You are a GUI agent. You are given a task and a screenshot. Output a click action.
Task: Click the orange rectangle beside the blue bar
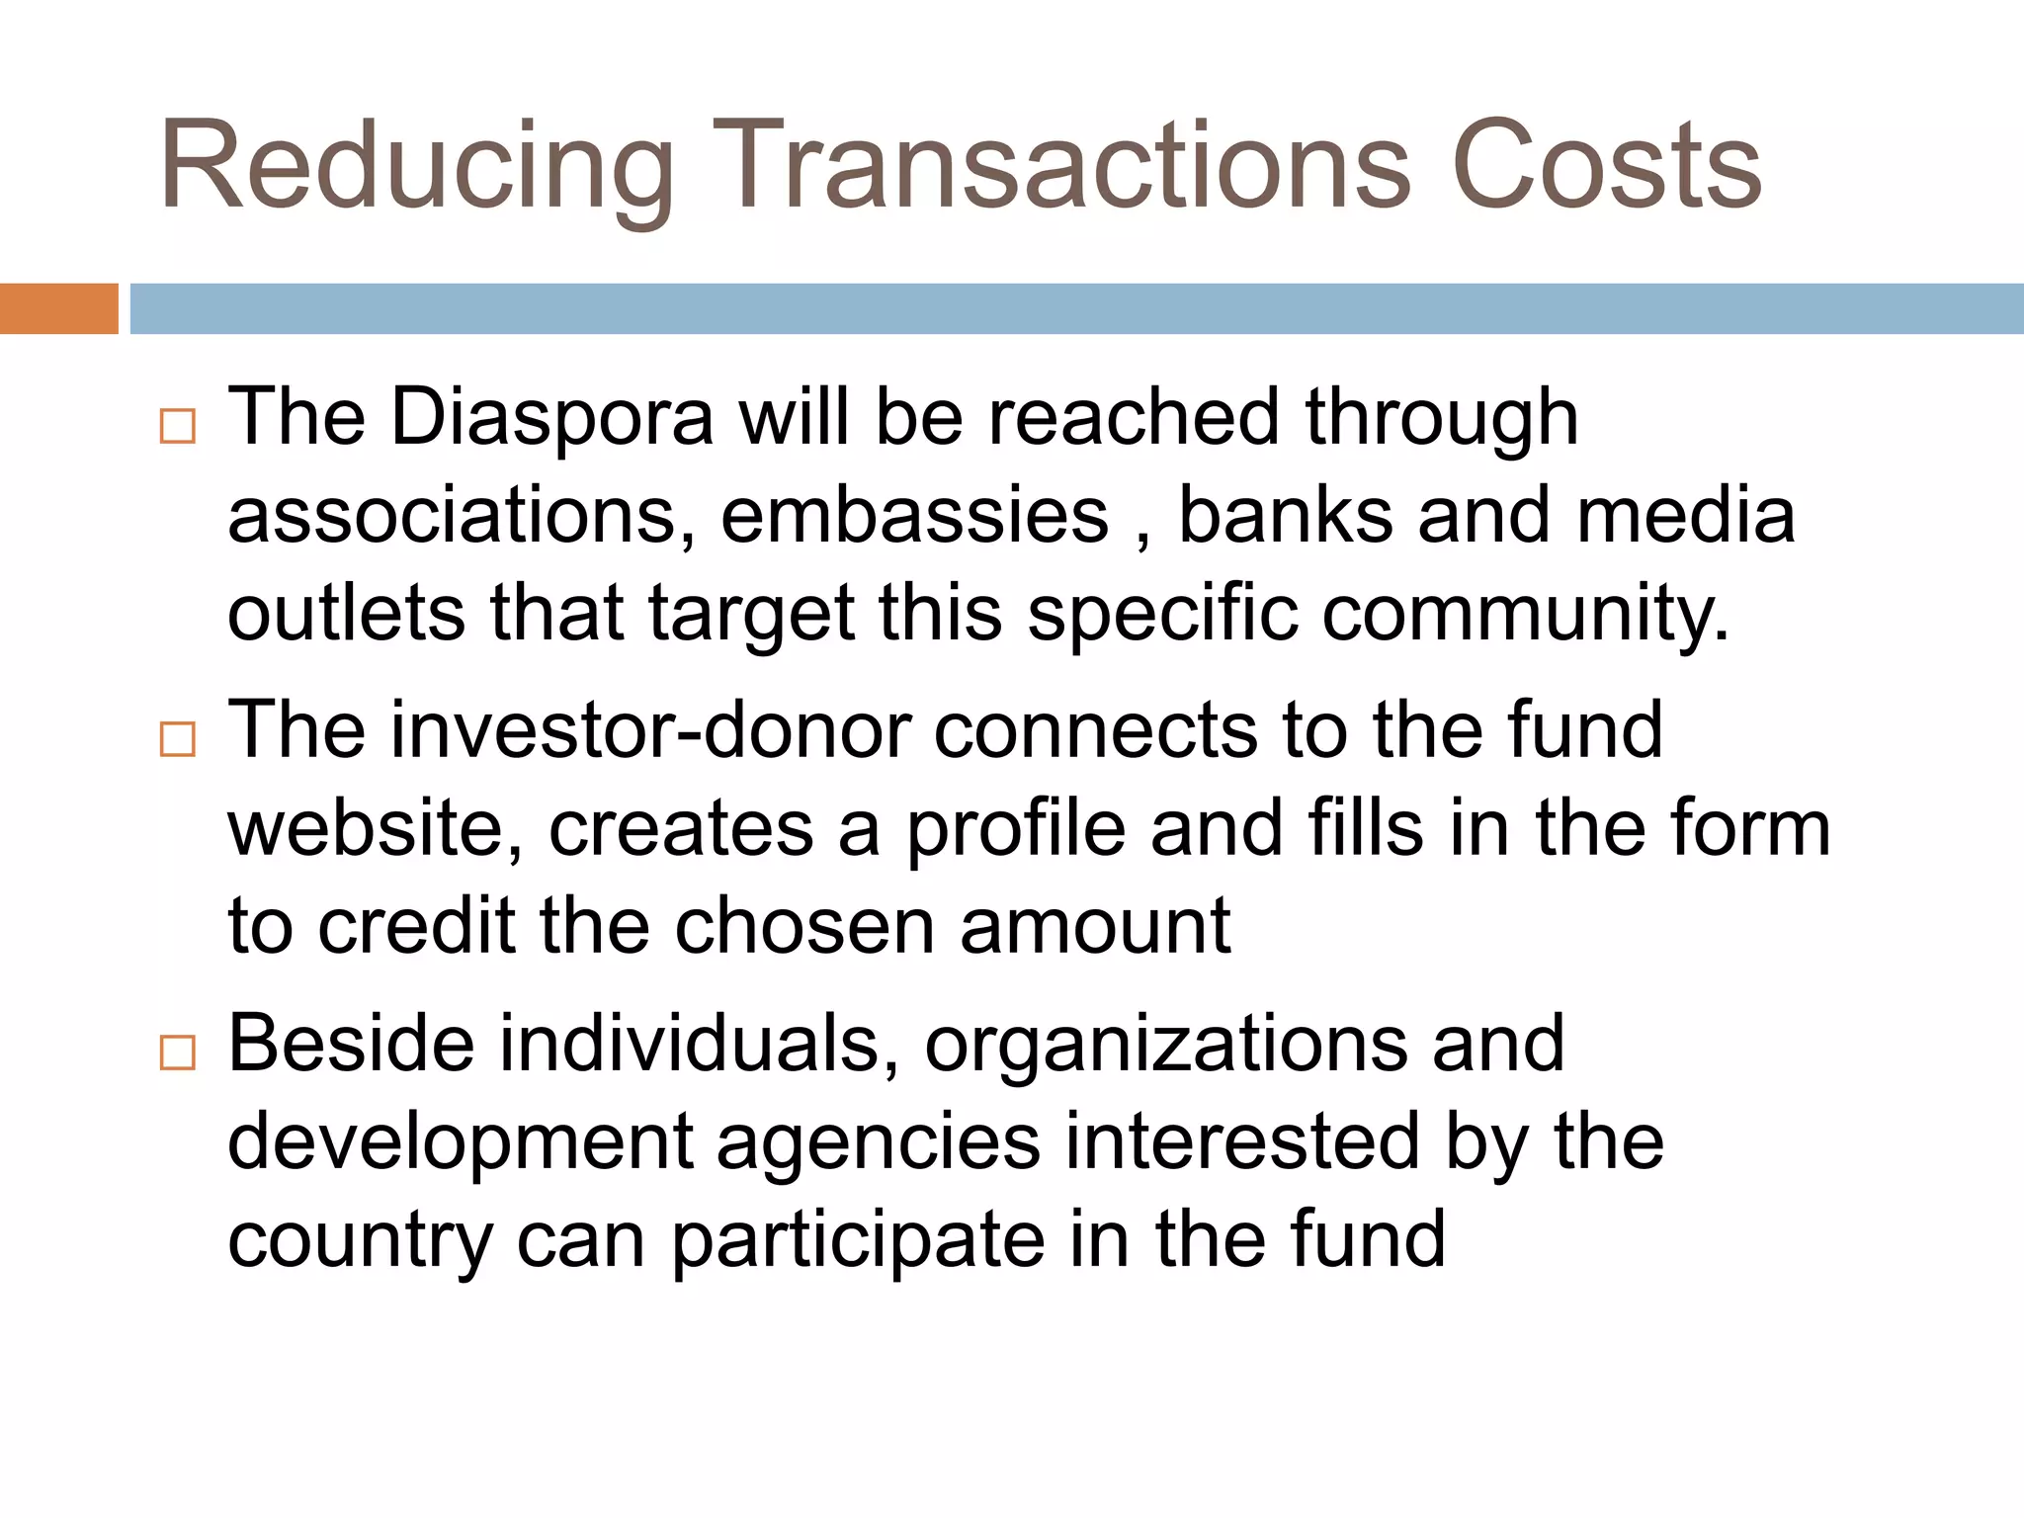[58, 308]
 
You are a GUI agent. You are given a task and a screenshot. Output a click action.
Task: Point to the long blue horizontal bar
[1076, 308]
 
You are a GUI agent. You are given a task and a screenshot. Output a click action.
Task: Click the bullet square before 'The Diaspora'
[178, 427]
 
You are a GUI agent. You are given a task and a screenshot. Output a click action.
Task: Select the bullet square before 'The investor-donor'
[178, 739]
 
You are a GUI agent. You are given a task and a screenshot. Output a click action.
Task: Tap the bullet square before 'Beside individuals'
[178, 1053]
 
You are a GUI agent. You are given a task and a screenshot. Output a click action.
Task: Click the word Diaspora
[552, 417]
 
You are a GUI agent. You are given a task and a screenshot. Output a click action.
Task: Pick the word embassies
[914, 516]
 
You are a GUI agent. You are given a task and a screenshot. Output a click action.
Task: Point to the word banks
[1285, 516]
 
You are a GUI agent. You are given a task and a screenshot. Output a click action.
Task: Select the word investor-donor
[651, 730]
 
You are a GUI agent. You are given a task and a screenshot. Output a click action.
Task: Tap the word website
[376, 828]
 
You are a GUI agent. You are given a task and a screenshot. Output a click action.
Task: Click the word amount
[1095, 927]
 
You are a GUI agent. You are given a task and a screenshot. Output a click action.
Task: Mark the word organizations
[1166, 1045]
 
